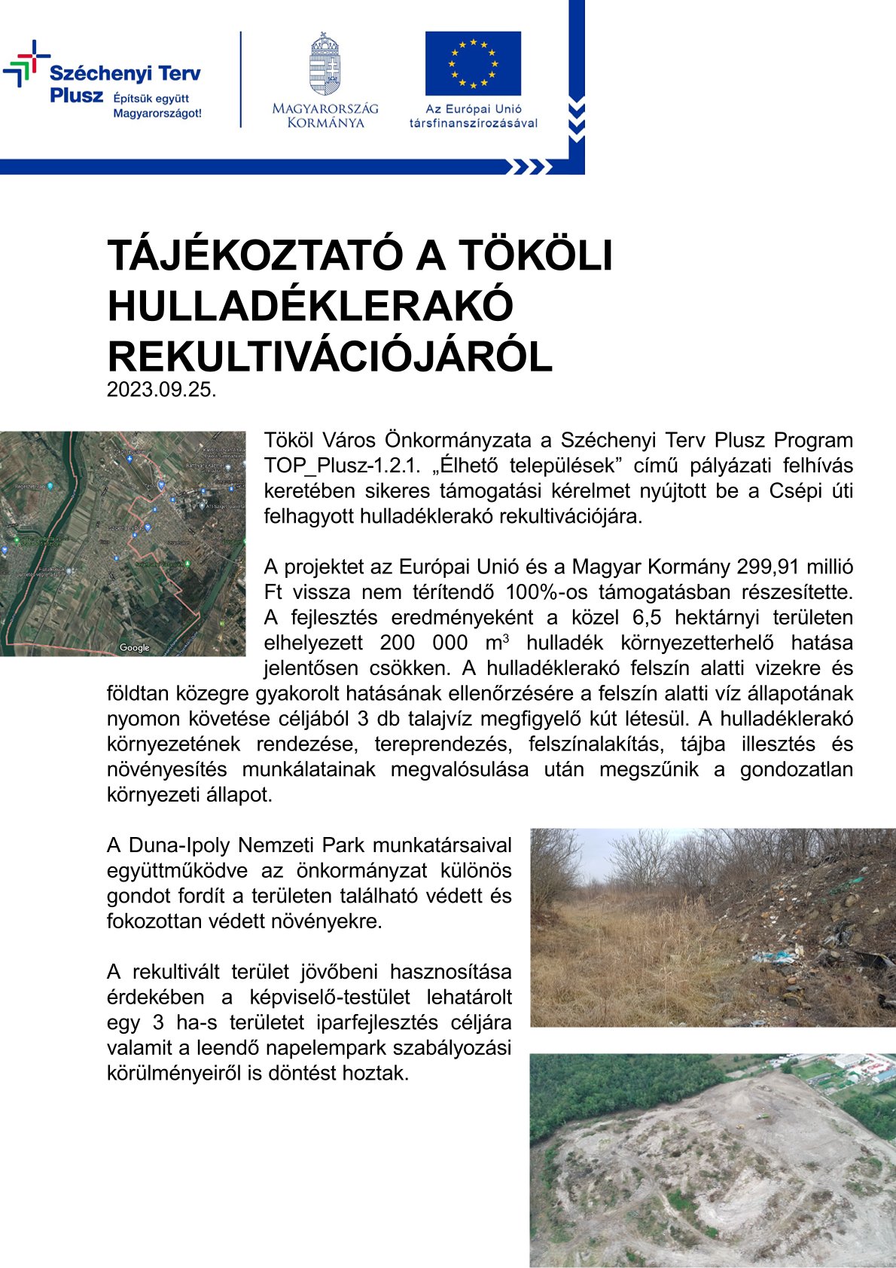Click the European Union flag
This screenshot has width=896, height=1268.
point(473,63)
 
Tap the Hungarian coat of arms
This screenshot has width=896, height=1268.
point(325,63)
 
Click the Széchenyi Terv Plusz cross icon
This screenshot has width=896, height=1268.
point(26,64)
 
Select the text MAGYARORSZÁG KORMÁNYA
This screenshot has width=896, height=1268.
point(325,115)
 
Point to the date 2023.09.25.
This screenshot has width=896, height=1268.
point(162,390)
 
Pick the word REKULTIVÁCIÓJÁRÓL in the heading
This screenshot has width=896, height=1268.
point(330,356)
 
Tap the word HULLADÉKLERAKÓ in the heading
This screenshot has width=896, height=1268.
point(310,306)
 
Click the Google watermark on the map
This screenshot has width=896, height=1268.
point(135,648)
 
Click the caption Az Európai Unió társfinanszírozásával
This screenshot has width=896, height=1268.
point(473,116)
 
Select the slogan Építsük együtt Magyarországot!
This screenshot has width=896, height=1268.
point(157,106)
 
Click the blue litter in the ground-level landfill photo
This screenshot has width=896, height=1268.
point(776,957)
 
